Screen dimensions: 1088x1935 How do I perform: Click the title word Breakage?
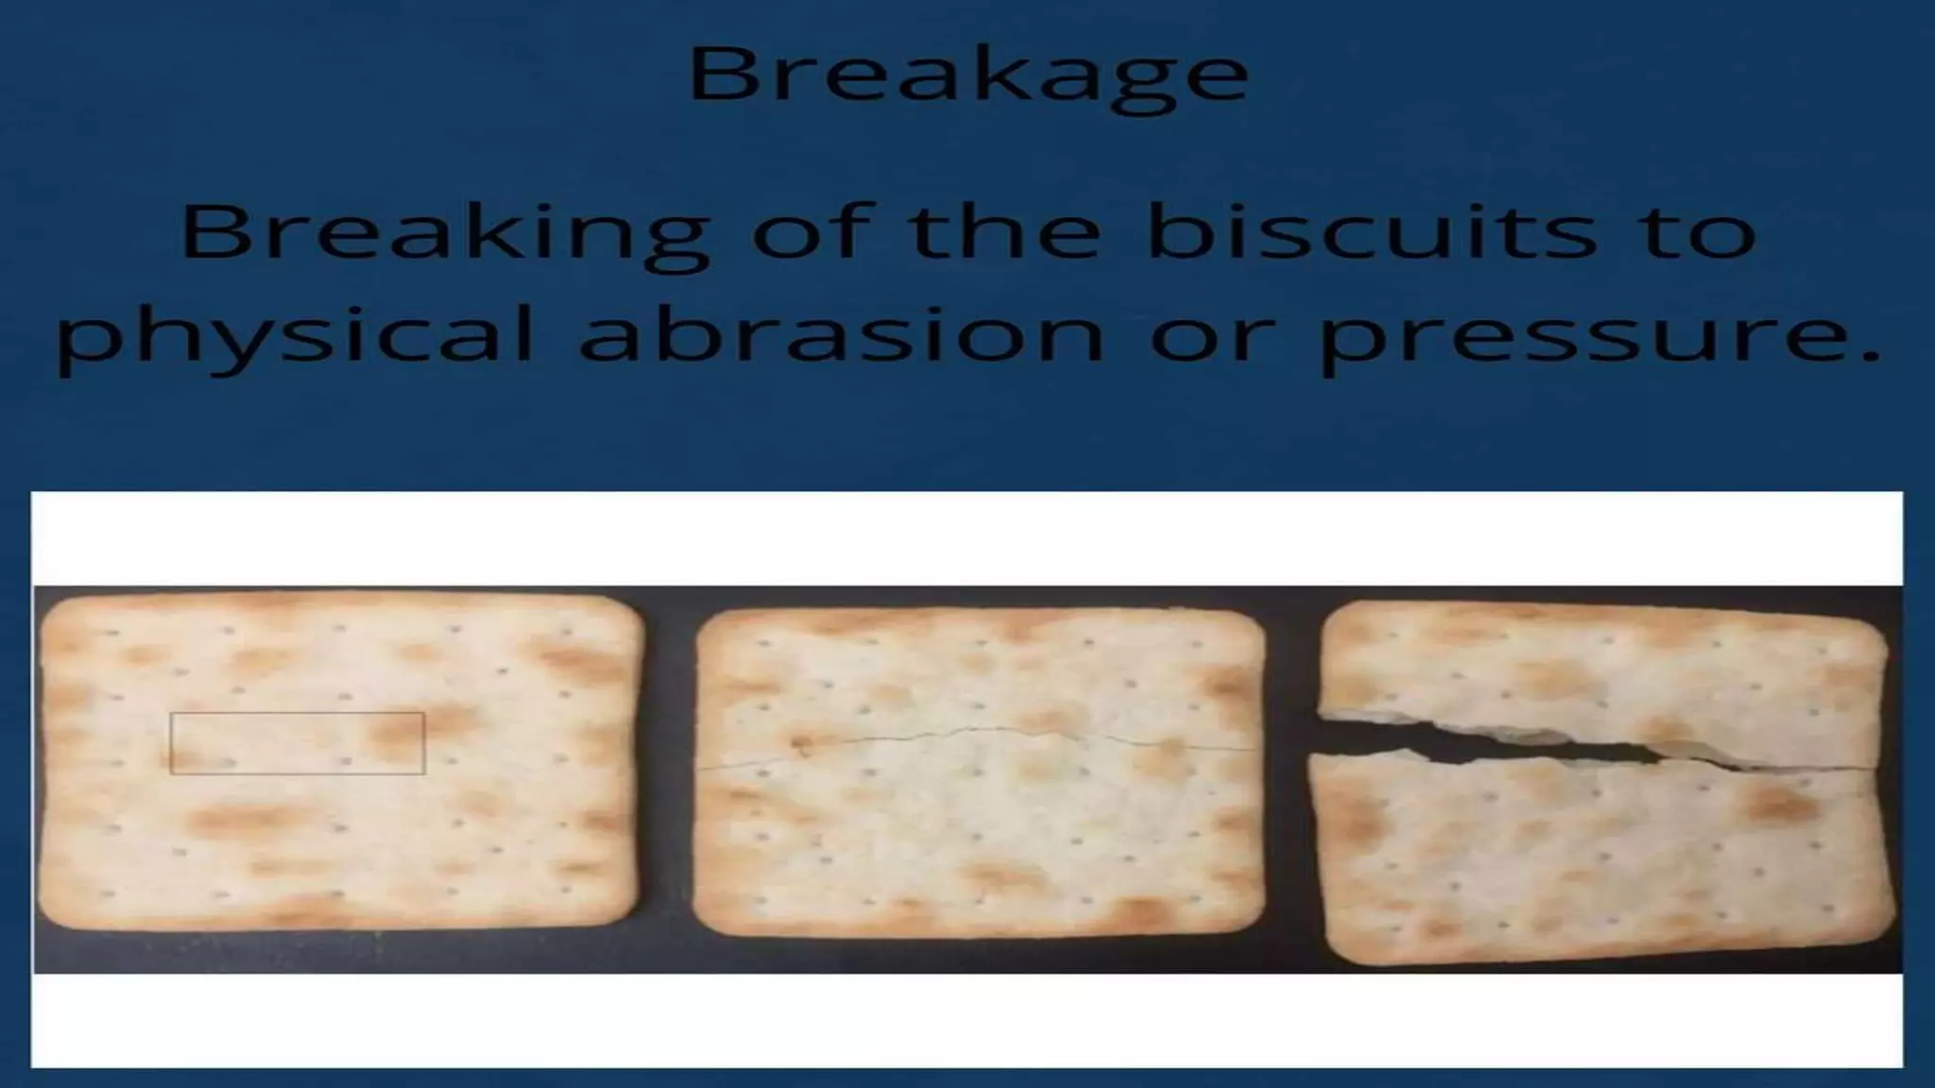(x=968, y=74)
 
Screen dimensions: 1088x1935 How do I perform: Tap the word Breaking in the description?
(x=444, y=232)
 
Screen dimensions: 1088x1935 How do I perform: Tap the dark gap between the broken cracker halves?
(x=1512, y=742)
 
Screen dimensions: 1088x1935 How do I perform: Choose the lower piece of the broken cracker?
(x=1597, y=859)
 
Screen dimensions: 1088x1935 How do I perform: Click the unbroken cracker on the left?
(x=340, y=831)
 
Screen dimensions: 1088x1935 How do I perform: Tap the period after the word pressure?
(x=1869, y=356)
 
